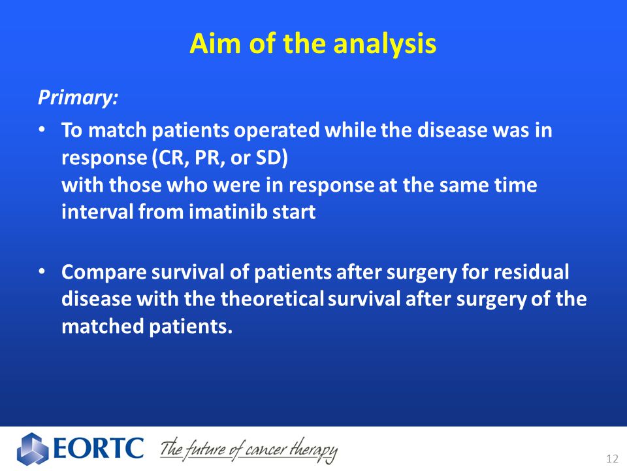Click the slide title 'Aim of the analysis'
(313, 43)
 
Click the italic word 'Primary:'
(78, 97)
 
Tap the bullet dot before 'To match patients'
(42, 130)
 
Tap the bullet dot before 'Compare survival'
(42, 271)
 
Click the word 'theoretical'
(272, 299)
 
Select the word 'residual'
(531, 272)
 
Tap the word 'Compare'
(104, 273)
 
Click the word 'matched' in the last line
(103, 326)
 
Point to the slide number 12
(612, 459)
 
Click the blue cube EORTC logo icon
(33, 449)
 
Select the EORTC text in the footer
(98, 448)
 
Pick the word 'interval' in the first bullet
(97, 211)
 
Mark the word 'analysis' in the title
(385, 44)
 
